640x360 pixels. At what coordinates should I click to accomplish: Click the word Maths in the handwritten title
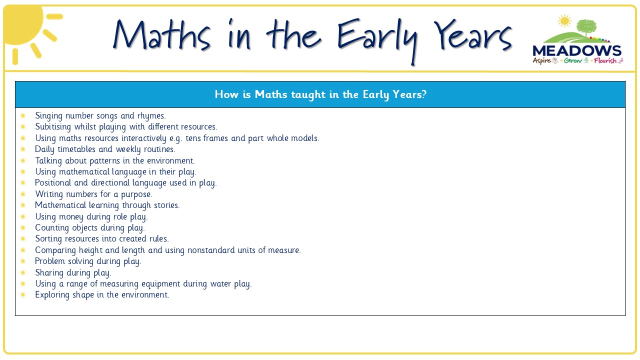(x=161, y=35)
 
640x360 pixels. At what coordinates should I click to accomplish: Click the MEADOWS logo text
(x=577, y=51)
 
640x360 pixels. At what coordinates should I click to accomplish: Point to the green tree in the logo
(x=586, y=27)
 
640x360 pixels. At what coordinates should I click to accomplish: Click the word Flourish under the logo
(x=605, y=60)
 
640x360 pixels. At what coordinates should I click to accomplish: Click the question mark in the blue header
(x=424, y=94)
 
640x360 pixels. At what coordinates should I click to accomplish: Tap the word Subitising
(x=53, y=126)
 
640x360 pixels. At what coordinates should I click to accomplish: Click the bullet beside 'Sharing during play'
(x=23, y=272)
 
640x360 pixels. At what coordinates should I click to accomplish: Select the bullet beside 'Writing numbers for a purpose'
(x=23, y=194)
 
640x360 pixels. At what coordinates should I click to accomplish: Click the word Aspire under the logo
(x=541, y=61)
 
